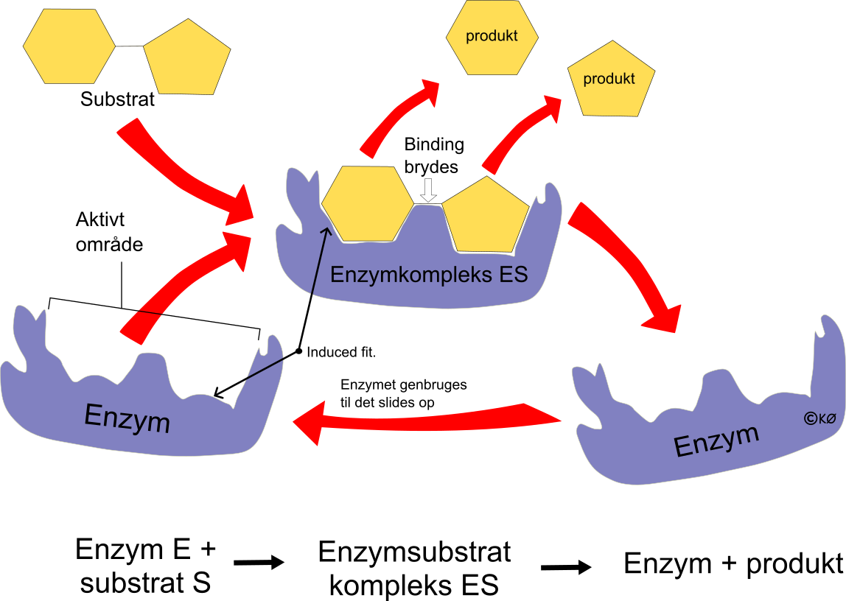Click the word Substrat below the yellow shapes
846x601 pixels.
(118, 99)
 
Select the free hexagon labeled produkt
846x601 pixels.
(492, 35)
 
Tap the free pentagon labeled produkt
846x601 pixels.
(609, 79)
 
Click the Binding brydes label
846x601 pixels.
(433, 155)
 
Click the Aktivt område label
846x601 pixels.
(109, 232)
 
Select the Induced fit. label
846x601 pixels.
(341, 353)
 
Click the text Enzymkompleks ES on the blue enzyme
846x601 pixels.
(429, 275)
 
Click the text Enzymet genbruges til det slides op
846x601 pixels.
(403, 393)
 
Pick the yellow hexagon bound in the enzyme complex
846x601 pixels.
(368, 203)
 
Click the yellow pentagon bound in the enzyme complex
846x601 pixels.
(487, 215)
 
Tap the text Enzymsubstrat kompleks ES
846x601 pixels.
(414, 569)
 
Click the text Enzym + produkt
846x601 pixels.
(733, 564)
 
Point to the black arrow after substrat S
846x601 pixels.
(259, 563)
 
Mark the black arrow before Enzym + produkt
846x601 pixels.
(565, 567)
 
